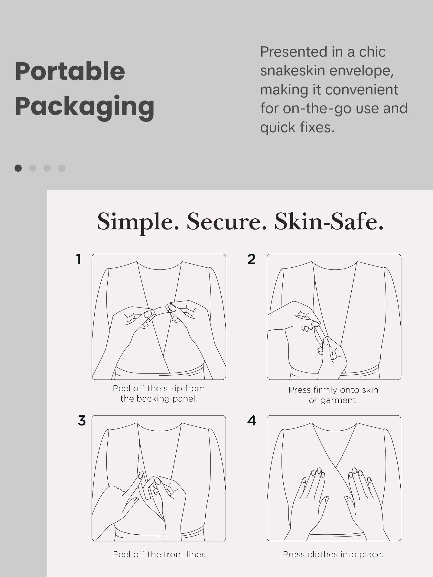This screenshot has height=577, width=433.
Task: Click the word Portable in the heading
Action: click(70, 71)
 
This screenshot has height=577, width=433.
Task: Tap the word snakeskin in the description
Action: click(292, 71)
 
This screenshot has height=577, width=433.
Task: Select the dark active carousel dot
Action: click(18, 168)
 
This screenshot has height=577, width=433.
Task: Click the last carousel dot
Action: click(62, 168)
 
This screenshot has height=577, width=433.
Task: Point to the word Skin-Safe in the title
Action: click(329, 221)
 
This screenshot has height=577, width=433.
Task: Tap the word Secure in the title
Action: click(227, 221)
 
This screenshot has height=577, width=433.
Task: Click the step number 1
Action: click(79, 259)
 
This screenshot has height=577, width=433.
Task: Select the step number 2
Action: click(251, 259)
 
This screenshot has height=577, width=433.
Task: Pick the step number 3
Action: click(82, 421)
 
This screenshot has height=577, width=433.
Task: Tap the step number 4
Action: click(252, 421)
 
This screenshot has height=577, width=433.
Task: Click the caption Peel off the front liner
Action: click(159, 554)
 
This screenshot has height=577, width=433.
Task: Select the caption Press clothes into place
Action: click(333, 554)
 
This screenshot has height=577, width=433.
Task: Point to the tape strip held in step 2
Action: click(321, 333)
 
